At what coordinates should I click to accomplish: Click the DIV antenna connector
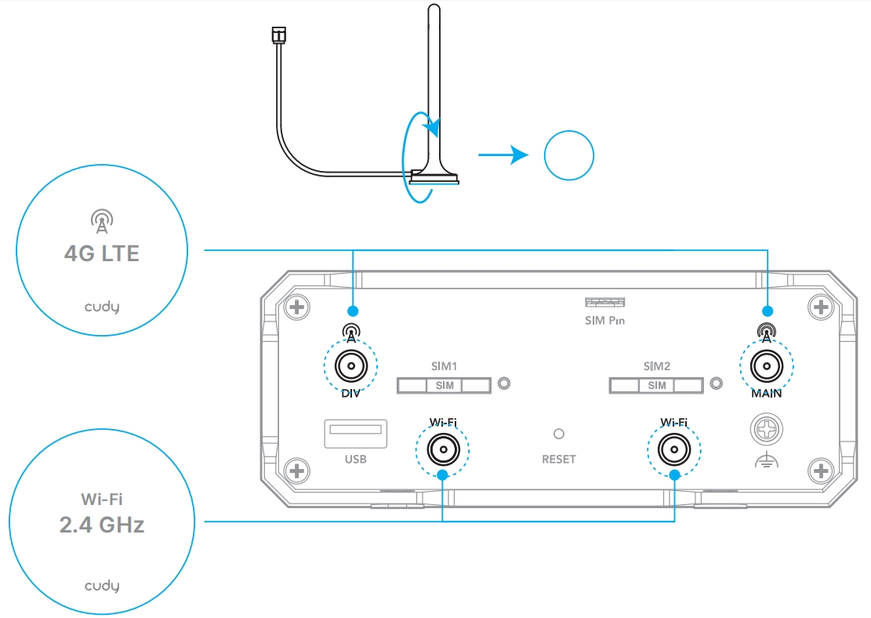coord(351,366)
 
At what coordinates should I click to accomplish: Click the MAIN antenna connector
coord(767,366)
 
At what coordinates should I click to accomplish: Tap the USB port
coord(355,434)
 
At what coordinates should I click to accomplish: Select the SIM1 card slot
coord(444,385)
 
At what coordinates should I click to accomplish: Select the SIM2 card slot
coord(656,385)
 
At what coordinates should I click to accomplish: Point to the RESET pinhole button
coord(559,434)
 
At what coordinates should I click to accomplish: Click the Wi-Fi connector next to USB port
coord(443,449)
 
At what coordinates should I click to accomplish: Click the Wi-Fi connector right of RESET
coord(673,449)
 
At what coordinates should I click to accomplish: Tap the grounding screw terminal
coord(767,429)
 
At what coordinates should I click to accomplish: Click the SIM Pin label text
coord(605,321)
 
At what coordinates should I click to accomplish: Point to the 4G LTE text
coord(102,253)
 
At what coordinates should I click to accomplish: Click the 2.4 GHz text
coord(102,525)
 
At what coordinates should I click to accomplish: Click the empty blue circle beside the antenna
coord(569,155)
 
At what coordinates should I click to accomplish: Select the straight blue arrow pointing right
coord(503,154)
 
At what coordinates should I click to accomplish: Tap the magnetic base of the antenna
coord(434,176)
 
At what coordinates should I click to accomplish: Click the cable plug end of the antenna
coord(278,35)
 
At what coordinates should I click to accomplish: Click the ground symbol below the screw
coord(767,460)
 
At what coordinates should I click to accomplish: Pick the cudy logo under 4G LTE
coord(102,307)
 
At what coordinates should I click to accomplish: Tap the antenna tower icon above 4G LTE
coord(102,221)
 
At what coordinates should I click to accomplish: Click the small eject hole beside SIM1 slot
coord(504,384)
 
